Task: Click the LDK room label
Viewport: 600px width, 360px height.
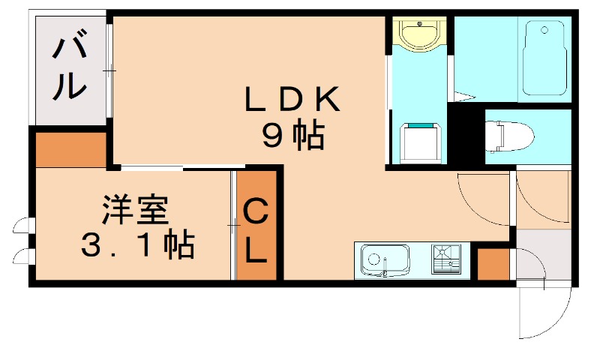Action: (x=293, y=100)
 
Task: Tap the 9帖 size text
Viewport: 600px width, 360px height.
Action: (x=293, y=136)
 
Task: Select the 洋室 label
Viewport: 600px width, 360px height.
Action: (x=135, y=211)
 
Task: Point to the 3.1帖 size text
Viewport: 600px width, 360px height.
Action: (x=137, y=245)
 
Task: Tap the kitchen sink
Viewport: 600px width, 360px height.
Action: (x=383, y=259)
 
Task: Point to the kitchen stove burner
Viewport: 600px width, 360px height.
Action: (x=448, y=259)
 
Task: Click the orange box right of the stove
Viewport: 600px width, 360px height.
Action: (x=493, y=263)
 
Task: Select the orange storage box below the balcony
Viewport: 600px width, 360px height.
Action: (x=71, y=149)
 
